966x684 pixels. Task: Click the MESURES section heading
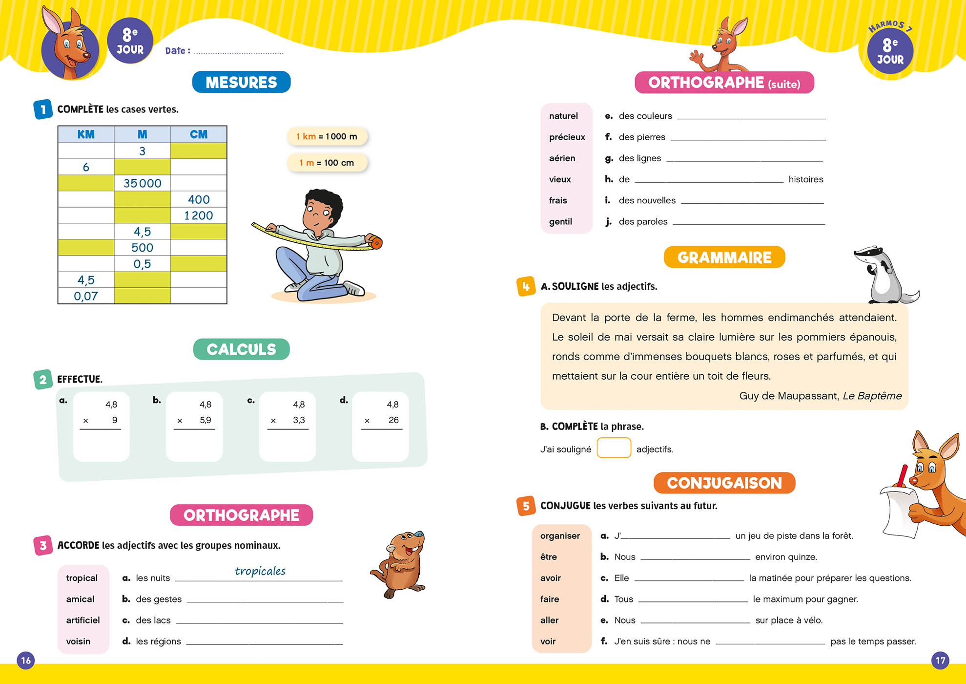tap(241, 82)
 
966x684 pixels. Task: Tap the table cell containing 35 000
tap(142, 183)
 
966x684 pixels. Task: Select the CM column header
tap(199, 134)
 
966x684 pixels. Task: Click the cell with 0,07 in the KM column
tap(86, 296)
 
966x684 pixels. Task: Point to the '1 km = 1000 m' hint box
tap(327, 136)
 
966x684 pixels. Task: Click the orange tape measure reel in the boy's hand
tap(375, 242)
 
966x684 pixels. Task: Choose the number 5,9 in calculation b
tap(205, 420)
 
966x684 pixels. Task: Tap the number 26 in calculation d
tap(393, 420)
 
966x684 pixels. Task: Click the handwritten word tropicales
tap(260, 571)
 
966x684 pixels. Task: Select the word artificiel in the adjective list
tap(83, 620)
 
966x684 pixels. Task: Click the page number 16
tap(26, 661)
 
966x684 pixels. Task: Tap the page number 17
tap(940, 661)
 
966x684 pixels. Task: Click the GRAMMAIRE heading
tap(724, 257)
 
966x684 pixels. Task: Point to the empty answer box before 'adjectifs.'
tap(614, 448)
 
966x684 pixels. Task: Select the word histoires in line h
tap(805, 179)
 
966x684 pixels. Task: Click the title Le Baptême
tap(872, 396)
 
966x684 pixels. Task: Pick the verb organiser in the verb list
tap(560, 536)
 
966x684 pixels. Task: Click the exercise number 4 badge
tap(526, 287)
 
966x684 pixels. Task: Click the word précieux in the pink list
tap(567, 137)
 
